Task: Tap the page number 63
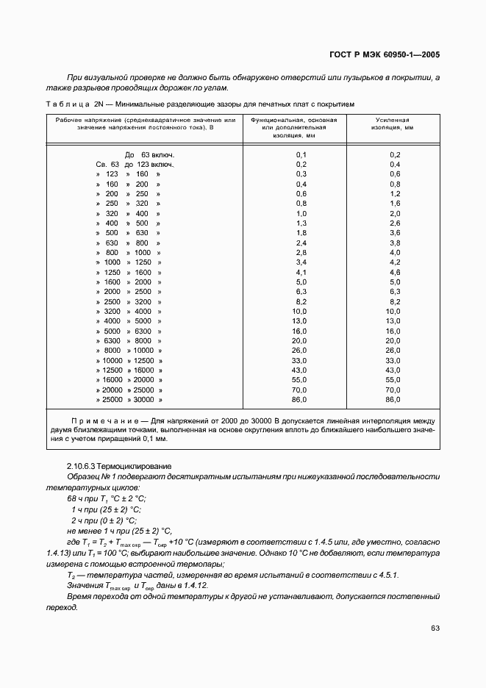[x=435, y=628]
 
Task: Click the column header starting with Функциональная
[x=301, y=127]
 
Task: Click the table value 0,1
[x=301, y=154]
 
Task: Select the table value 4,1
[x=301, y=272]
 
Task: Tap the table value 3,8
[x=394, y=243]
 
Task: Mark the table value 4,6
[x=394, y=272]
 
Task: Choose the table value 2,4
[x=301, y=243]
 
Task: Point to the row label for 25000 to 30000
[x=132, y=399]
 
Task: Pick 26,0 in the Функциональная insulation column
[x=300, y=351]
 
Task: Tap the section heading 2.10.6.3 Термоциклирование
[x=119, y=466]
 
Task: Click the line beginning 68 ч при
[x=96, y=498]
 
